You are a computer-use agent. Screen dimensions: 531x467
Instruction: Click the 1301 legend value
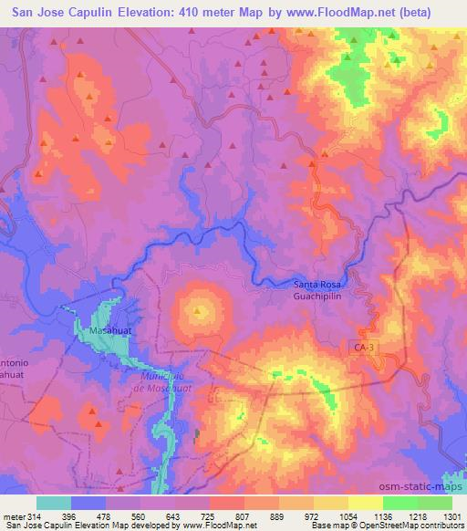451,515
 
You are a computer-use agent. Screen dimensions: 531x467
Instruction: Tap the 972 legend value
313,515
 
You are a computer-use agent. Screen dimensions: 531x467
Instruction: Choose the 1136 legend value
382,515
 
